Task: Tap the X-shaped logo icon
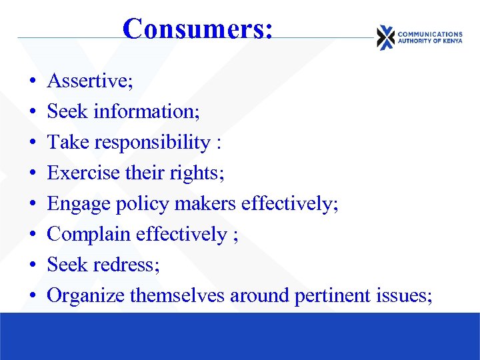[x=385, y=37]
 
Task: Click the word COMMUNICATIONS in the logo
[x=429, y=34]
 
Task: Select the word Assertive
[x=87, y=81]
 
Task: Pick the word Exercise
[x=79, y=173]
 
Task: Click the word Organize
[x=85, y=295]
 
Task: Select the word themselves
[x=177, y=295]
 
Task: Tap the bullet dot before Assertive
[x=33, y=82]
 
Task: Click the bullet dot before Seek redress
[x=33, y=265]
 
